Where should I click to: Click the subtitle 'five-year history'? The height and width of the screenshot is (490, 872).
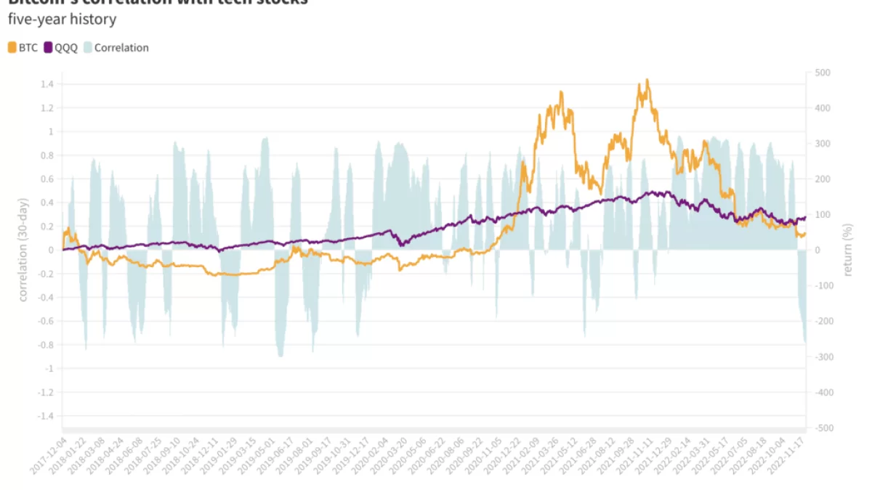pyautogui.click(x=62, y=20)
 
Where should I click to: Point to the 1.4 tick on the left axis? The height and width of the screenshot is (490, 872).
pyautogui.click(x=47, y=84)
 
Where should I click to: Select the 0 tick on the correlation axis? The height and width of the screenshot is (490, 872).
pyautogui.click(x=51, y=250)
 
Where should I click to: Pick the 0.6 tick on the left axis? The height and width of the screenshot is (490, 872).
pyautogui.click(x=47, y=179)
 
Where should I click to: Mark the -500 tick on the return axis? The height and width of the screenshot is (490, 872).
pyautogui.click(x=823, y=428)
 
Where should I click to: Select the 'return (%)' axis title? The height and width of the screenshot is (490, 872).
pyautogui.click(x=848, y=250)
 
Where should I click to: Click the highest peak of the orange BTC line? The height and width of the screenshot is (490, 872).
pyautogui.click(x=647, y=80)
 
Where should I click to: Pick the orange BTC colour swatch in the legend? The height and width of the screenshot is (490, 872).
pyautogui.click(x=12, y=48)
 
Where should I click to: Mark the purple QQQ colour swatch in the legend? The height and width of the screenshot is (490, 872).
pyautogui.click(x=49, y=48)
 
